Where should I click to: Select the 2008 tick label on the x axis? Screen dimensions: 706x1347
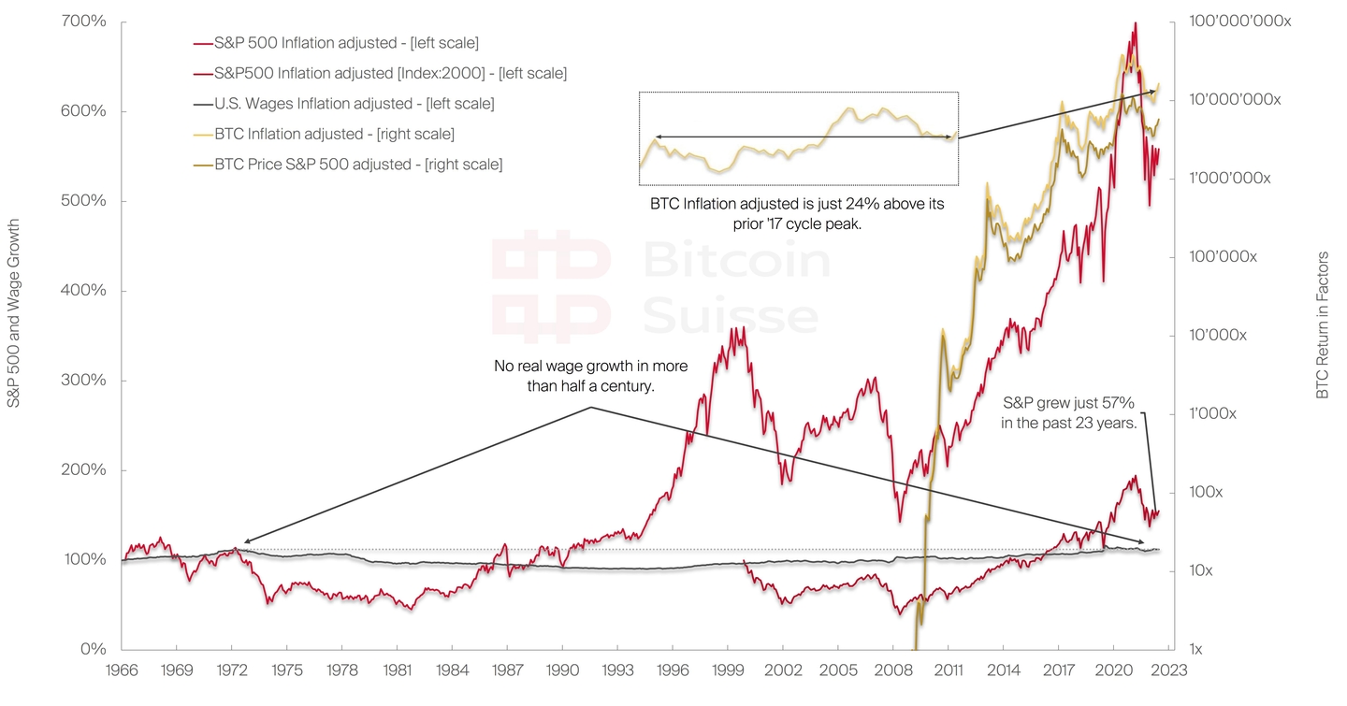click(892, 670)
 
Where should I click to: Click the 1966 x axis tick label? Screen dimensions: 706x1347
click(122, 670)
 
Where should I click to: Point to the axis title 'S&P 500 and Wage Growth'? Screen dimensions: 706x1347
click(14, 313)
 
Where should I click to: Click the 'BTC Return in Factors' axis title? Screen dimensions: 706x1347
click(1323, 325)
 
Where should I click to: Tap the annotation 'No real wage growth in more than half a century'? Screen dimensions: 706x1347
click(574, 374)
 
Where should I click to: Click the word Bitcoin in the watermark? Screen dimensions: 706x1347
click(736, 260)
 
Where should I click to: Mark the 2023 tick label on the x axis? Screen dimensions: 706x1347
click(1169, 670)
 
